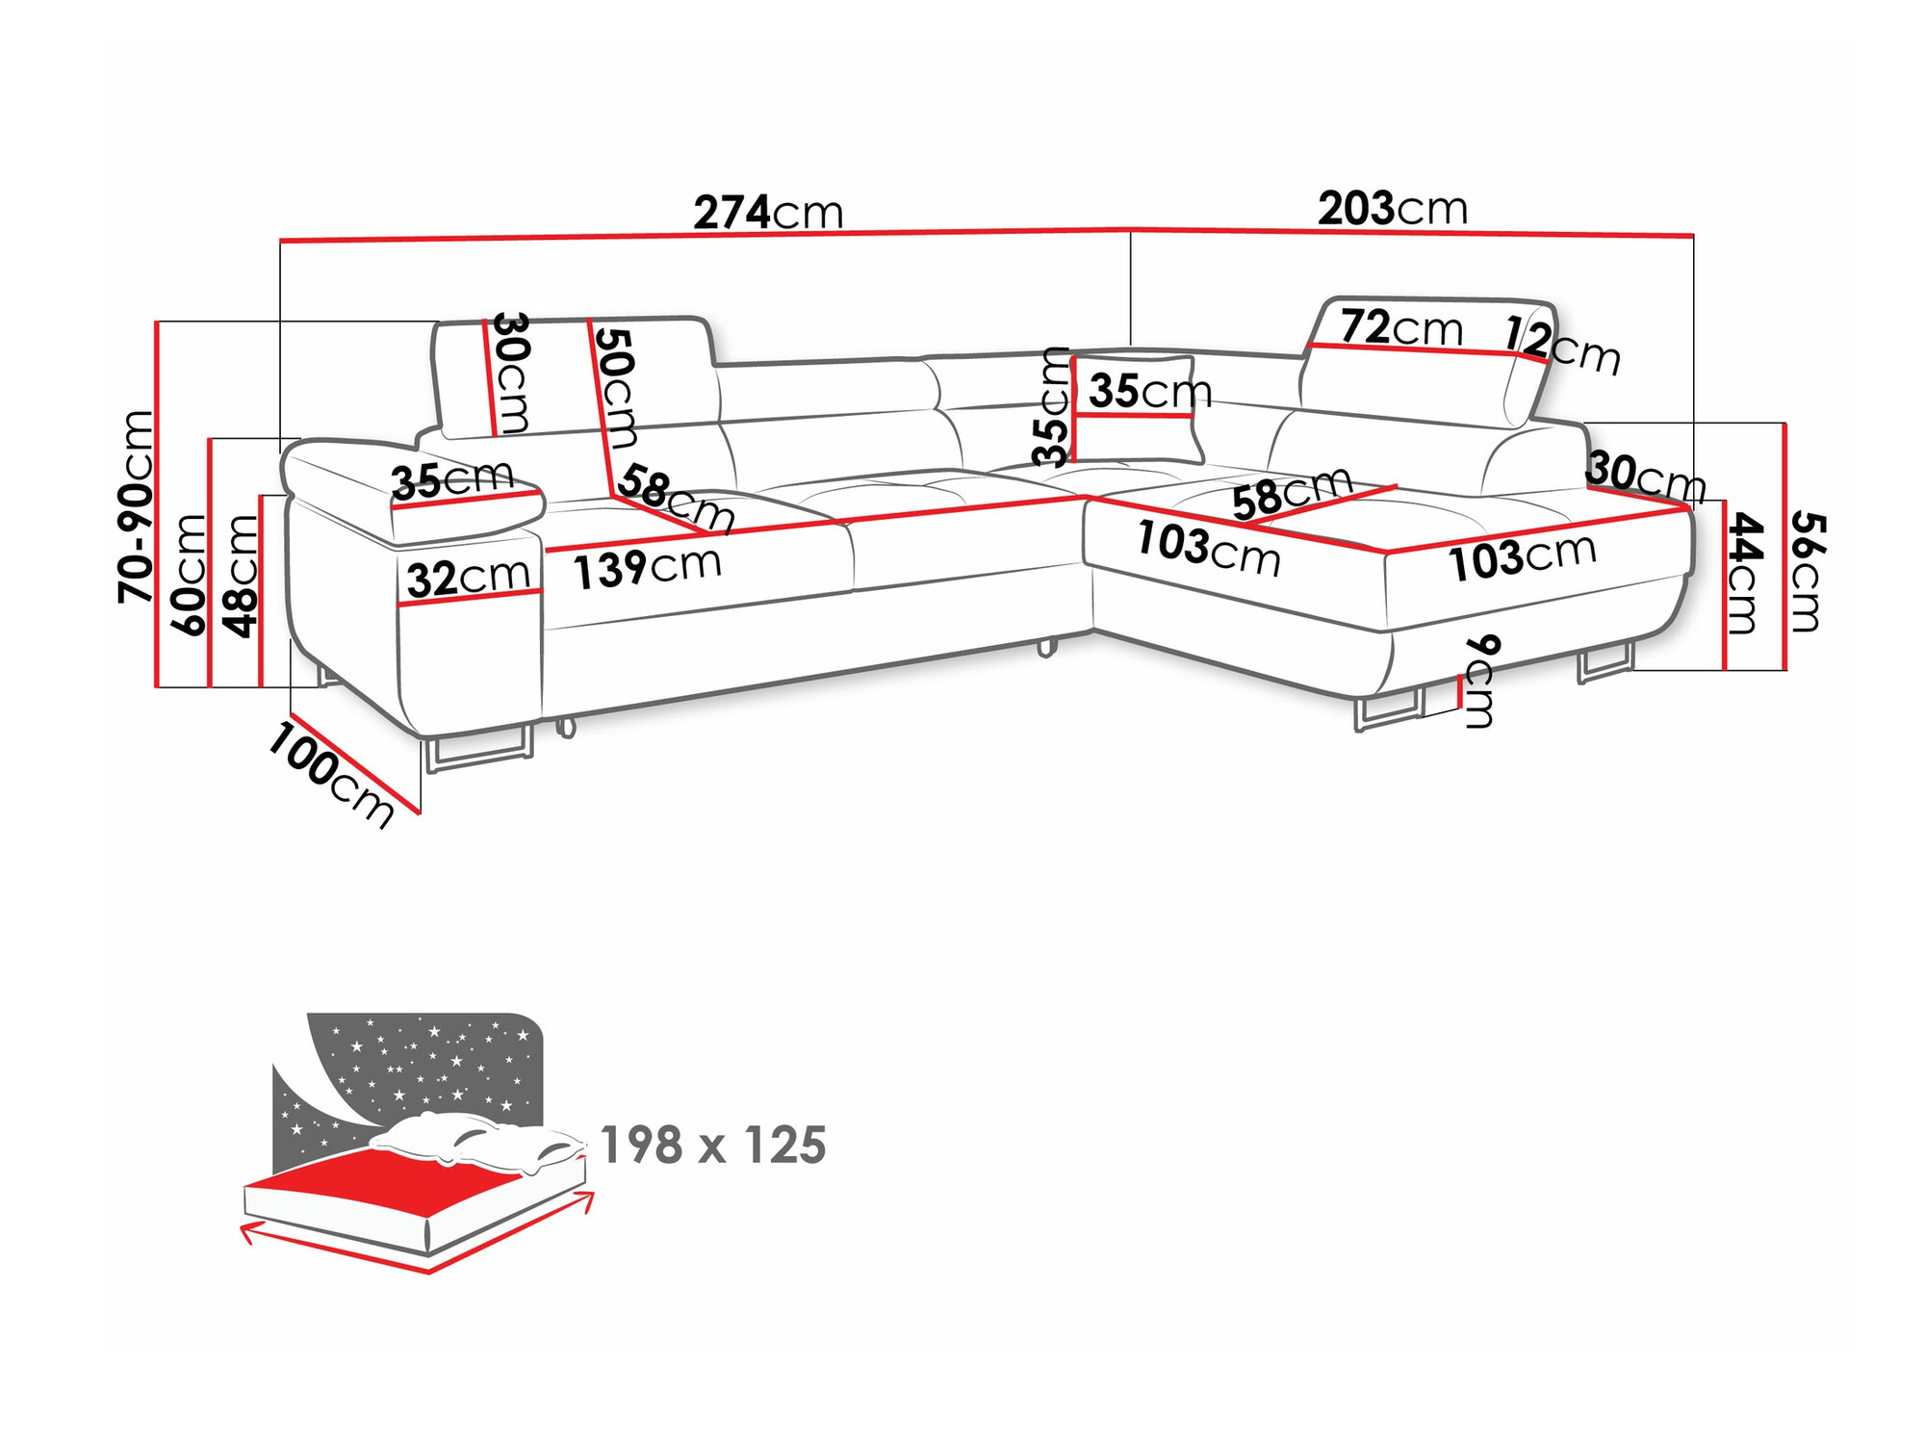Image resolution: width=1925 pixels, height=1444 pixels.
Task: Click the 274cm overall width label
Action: point(768,213)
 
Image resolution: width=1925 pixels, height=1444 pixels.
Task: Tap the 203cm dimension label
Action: point(1392,209)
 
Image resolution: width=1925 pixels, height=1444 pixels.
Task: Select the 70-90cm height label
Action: point(136,507)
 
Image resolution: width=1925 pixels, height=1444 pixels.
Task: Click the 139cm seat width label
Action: point(647,567)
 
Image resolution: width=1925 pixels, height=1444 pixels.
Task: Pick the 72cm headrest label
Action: point(1400,328)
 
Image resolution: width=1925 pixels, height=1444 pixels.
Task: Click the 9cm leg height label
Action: point(1480,681)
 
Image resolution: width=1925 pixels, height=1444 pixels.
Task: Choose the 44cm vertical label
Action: point(1743,573)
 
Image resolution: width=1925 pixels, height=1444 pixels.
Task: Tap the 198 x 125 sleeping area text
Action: point(712,1146)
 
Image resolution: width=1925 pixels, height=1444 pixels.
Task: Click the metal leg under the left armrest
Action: point(478,751)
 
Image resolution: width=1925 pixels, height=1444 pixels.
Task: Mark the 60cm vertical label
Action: point(189,575)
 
